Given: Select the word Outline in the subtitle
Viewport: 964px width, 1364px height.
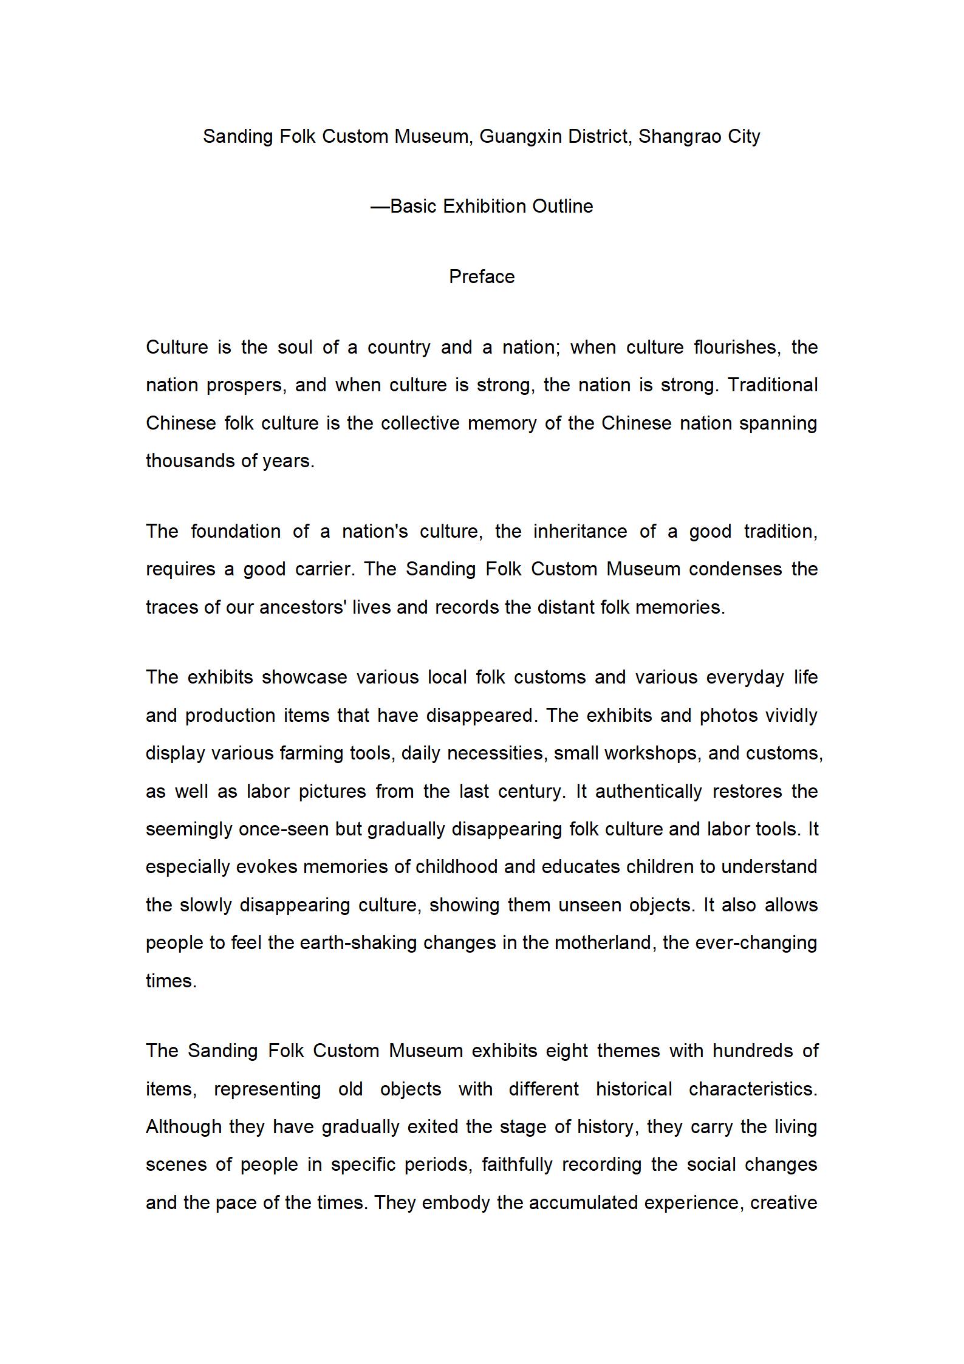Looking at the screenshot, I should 562,207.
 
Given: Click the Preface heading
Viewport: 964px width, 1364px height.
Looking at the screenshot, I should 482,277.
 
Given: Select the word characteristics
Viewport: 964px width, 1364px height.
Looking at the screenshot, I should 753,1089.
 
